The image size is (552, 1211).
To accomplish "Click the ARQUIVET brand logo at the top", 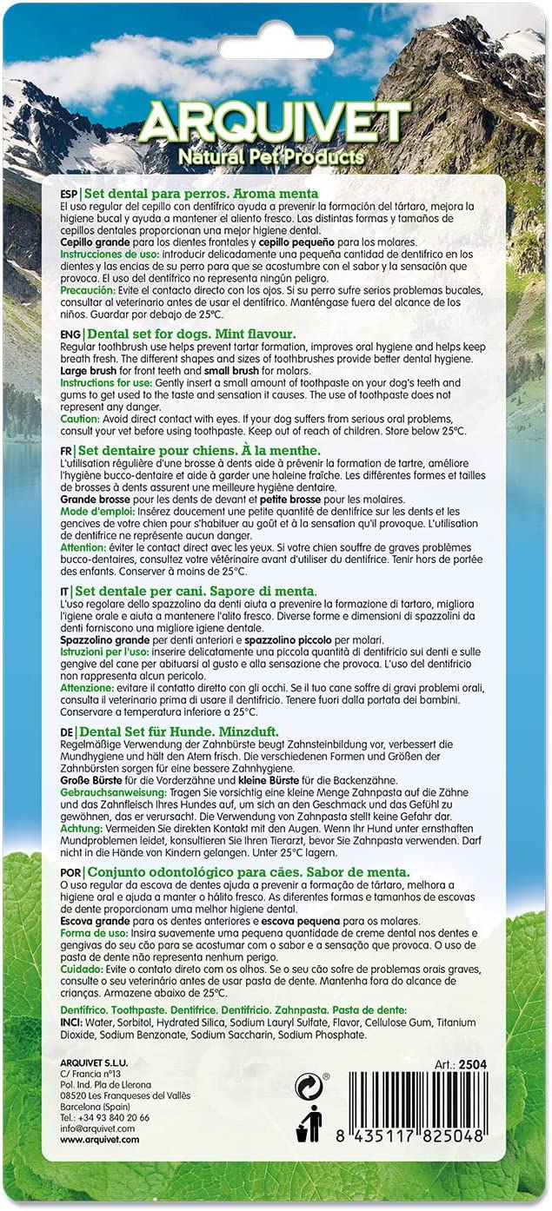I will point(274,123).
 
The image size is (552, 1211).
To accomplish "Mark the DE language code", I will point(67,731).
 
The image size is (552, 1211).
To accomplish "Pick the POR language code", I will point(71,872).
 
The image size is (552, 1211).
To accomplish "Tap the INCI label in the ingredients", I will point(72,1022).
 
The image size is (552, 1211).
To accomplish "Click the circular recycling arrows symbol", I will point(309,1087).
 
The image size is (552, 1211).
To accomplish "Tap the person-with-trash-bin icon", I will point(309,1124).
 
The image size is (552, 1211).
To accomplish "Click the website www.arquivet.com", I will point(99,1140).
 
